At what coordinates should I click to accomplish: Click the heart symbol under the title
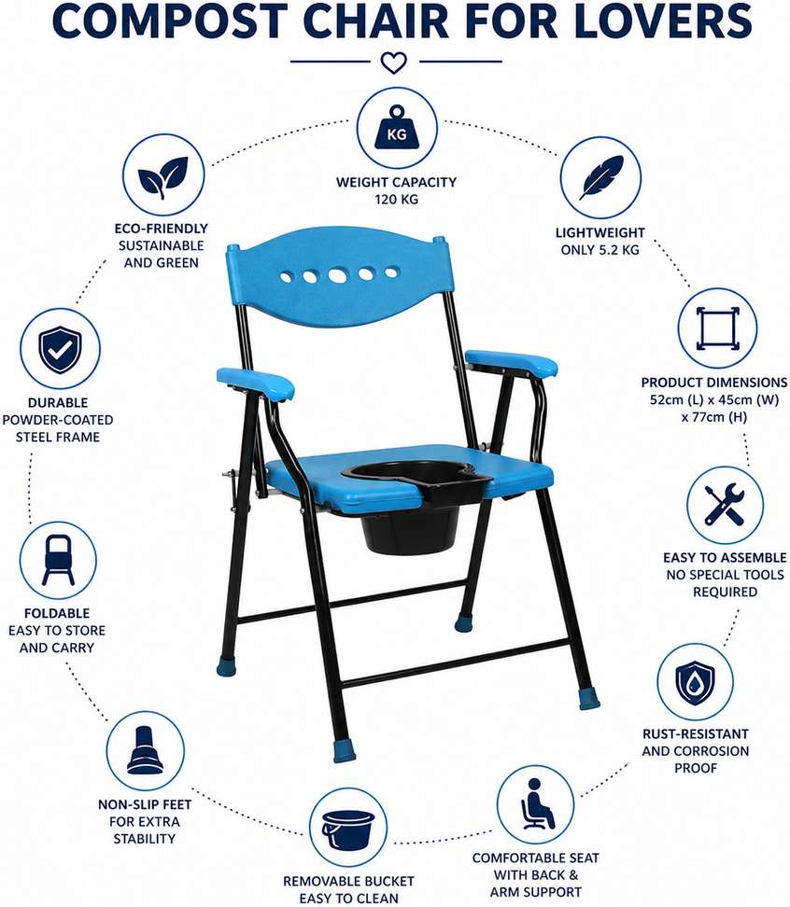point(393,63)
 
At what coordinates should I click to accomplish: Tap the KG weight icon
point(397,129)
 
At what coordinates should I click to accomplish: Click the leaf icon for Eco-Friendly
point(163,175)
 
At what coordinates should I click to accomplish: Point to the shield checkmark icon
point(60,348)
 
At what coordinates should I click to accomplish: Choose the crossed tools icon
point(724,505)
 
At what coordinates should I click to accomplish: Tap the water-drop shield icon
point(695,682)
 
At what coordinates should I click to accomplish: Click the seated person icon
point(536,803)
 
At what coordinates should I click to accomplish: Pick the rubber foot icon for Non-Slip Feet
point(145,750)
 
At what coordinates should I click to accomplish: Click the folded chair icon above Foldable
point(58,560)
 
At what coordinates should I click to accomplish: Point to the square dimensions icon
point(718,328)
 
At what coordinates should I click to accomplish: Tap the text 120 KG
point(397,200)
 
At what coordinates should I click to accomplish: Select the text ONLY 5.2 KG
point(600,250)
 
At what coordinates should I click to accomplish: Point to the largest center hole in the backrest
point(338,275)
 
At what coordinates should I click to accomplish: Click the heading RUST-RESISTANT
point(695,733)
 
